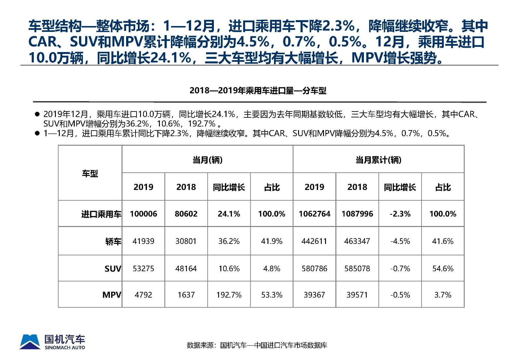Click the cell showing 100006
click(143, 214)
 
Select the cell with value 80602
click(186, 214)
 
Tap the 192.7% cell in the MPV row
click(229, 295)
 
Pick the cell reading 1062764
click(314, 214)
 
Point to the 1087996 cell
click(357, 214)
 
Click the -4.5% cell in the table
click(400, 241)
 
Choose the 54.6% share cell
click(443, 269)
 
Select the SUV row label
click(112, 269)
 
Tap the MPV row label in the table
click(111, 295)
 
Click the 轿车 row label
click(113, 241)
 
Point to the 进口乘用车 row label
click(101, 214)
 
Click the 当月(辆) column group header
click(207, 160)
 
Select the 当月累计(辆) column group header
click(378, 160)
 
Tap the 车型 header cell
click(90, 173)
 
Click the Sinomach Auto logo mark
click(30, 342)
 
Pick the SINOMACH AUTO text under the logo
click(65, 348)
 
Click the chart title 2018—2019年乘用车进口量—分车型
click(258, 90)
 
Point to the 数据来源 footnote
click(257, 345)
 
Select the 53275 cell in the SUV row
click(143, 269)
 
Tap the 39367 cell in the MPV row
click(314, 295)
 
